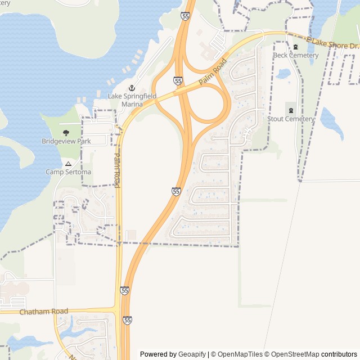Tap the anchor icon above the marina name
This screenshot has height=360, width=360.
tap(132, 88)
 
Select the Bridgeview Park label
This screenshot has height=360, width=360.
tap(66, 141)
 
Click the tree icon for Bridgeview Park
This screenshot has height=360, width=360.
tap(66, 133)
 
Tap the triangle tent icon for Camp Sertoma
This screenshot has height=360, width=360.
tap(68, 163)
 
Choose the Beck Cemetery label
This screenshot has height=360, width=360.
tap(295, 55)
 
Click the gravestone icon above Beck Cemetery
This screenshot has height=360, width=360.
tap(295, 47)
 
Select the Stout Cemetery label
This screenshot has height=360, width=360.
tap(291, 119)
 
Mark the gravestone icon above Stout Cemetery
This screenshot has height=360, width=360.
tap(291, 110)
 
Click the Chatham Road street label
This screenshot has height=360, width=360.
tap(43, 312)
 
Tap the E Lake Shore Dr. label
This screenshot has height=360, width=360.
tap(332, 44)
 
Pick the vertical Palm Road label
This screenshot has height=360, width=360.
tap(117, 170)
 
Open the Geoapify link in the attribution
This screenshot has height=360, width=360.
tap(192, 354)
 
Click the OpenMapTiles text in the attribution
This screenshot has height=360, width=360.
tap(240, 354)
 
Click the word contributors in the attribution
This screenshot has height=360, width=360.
tap(339, 354)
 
